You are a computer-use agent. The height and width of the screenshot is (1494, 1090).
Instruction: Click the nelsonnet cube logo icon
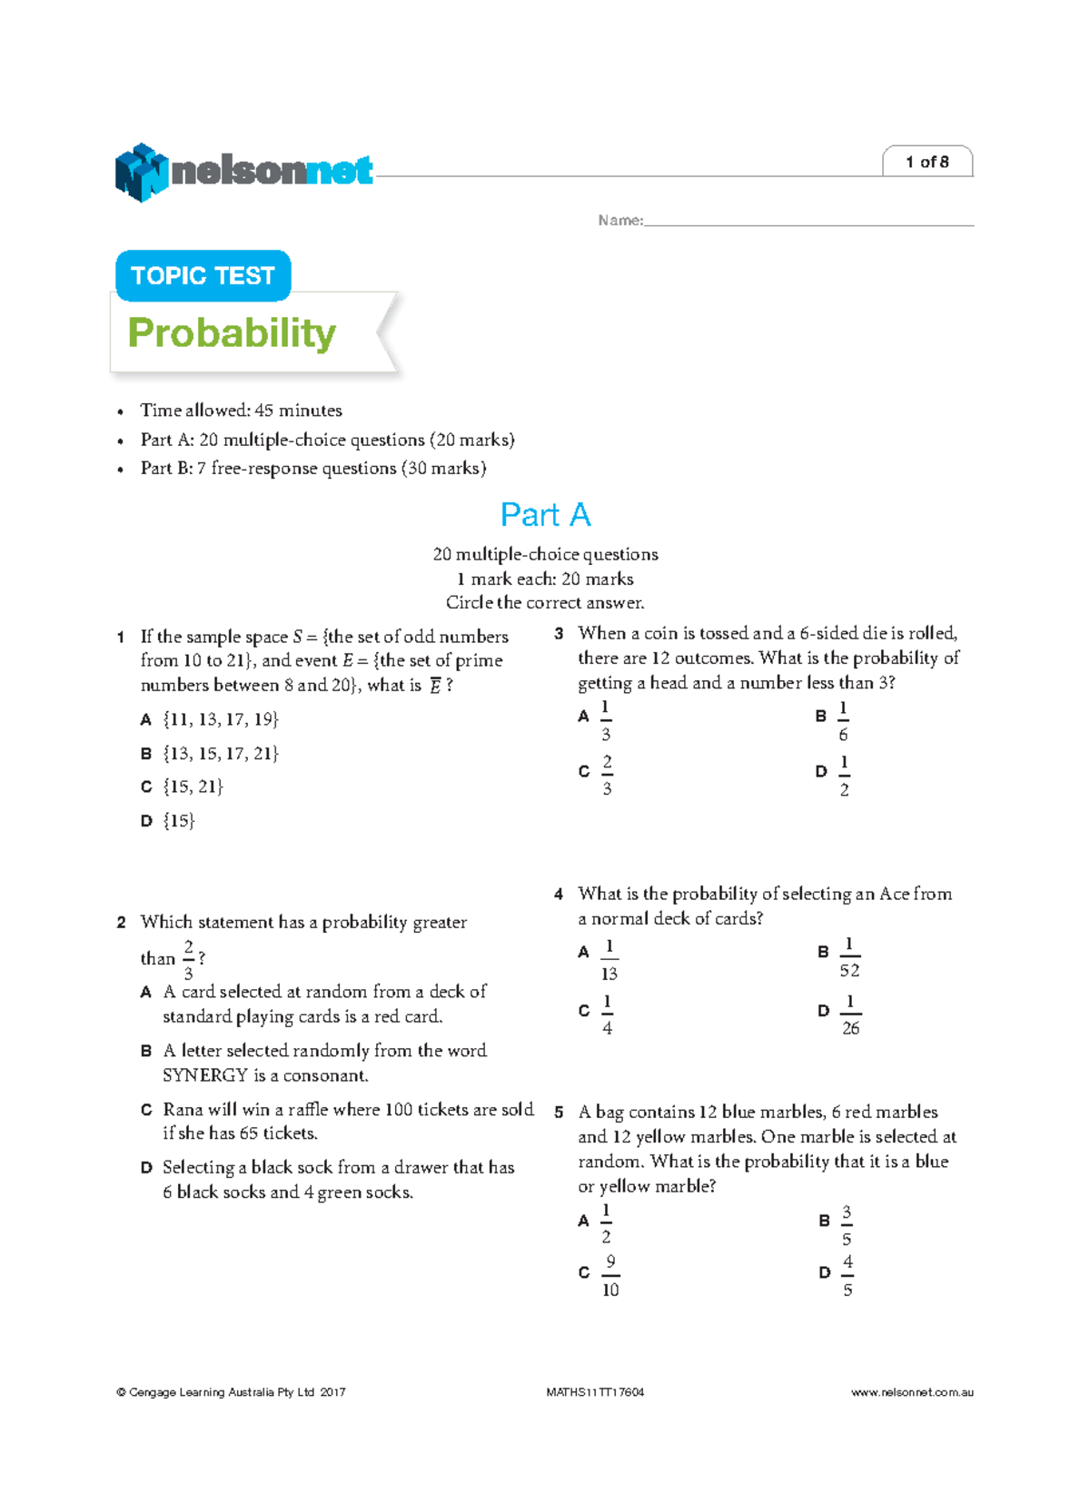pos(141,173)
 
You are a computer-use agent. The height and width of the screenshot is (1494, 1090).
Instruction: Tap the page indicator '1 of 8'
pos(926,163)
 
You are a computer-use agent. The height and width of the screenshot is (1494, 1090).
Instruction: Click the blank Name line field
pos(808,221)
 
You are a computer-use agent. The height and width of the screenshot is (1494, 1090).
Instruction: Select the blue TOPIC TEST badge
pos(203,276)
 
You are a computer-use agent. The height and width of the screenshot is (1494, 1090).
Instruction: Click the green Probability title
pos(232,333)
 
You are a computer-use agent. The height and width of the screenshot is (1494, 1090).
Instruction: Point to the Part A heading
pos(545,515)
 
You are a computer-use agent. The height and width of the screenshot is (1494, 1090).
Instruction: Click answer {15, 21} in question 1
pos(193,787)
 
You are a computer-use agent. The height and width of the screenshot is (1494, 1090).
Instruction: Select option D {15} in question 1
pos(179,821)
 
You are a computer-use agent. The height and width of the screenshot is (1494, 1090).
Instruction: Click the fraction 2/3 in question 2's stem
pos(189,959)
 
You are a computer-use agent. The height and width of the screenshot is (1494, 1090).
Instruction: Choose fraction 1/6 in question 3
pos(843,721)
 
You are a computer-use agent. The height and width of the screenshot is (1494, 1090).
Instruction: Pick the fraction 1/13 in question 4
pos(609,960)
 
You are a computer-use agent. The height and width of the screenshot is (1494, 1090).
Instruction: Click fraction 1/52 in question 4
pos(848,957)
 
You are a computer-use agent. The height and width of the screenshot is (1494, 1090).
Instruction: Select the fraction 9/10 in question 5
pos(610,1276)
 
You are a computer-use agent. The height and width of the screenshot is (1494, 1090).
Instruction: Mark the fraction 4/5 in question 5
pos(847,1276)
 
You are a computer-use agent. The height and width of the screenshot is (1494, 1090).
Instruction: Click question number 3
pos(559,634)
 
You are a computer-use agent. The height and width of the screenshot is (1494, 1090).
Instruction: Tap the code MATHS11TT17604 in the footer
pos(595,1392)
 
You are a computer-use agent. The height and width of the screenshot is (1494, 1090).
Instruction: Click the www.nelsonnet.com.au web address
pos(912,1392)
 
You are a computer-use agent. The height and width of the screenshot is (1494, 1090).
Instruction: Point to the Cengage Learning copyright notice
pos(231,1392)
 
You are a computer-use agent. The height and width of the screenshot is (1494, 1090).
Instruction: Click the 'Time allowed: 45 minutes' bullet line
pos(241,411)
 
